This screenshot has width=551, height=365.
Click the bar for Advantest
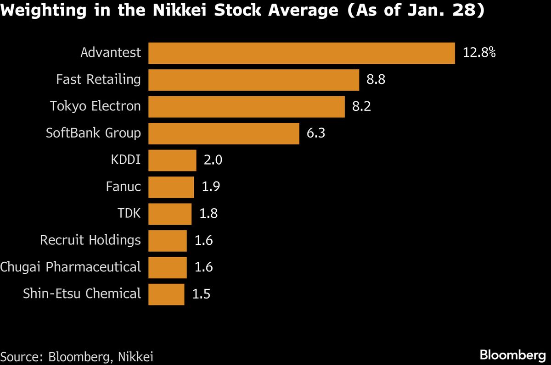[x=301, y=53]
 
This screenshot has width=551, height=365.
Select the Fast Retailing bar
[x=253, y=80]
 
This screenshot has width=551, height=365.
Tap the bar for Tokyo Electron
[x=246, y=106]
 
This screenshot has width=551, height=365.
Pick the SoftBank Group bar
[x=224, y=133]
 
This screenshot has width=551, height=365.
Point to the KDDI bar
[x=172, y=160]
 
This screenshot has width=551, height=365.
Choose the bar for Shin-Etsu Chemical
[x=166, y=294]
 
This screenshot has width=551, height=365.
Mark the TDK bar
[x=170, y=214]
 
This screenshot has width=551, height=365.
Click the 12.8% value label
[x=479, y=53]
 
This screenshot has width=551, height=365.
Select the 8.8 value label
[x=376, y=80]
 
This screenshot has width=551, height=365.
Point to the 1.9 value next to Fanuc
[x=211, y=187]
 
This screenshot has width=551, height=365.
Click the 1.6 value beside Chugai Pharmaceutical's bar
[x=203, y=267]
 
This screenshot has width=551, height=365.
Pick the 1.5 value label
[x=201, y=294]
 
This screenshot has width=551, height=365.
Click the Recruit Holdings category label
[x=90, y=240]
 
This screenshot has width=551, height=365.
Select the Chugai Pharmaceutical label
[x=71, y=267]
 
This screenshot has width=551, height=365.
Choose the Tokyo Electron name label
[x=96, y=106]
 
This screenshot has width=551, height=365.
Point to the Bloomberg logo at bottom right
[x=512, y=355]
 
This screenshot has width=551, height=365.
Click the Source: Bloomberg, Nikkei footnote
[x=77, y=356]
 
